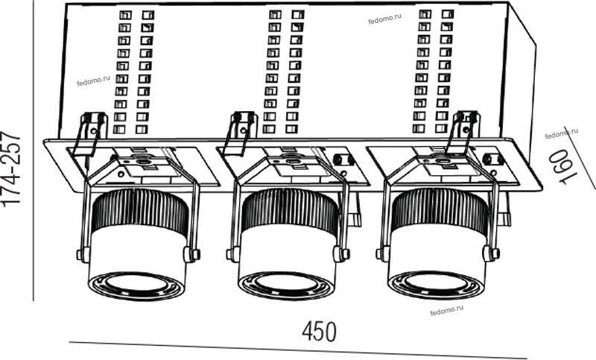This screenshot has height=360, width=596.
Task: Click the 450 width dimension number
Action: tap(320, 332)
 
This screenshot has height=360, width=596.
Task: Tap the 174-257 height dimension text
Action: tap(10, 169)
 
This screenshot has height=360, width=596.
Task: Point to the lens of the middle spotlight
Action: tap(288, 282)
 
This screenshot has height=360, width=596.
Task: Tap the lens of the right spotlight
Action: tap(437, 281)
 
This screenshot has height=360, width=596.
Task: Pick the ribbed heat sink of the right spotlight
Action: tap(440, 211)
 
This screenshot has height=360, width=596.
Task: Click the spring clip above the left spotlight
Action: tap(90, 134)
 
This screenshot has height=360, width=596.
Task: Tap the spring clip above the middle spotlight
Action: tap(239, 133)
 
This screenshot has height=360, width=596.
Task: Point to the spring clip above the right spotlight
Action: tap(463, 133)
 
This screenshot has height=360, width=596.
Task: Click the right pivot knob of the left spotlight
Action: tap(191, 254)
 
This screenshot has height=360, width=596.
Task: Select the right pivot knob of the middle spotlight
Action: tap(341, 254)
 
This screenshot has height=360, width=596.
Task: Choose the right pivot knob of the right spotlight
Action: tap(491, 253)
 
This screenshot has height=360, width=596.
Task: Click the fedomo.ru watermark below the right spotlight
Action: tap(446, 311)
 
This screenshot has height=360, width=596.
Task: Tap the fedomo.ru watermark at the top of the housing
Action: tap(384, 19)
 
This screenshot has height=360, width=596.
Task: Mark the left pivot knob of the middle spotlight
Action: tap(232, 254)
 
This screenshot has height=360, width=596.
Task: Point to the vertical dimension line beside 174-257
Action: tap(34, 151)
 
